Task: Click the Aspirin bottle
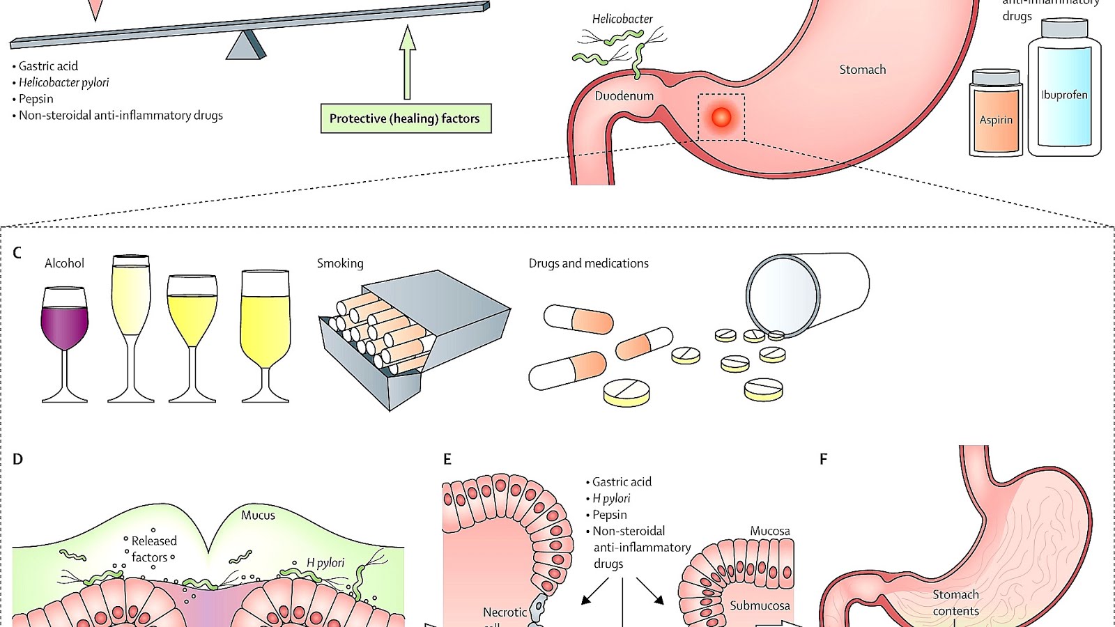[996, 115]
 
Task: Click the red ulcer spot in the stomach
[721, 116]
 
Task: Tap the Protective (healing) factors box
[405, 118]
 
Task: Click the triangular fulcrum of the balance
[245, 45]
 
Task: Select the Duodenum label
[624, 96]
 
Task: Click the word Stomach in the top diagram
[862, 70]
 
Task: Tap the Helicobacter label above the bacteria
[622, 20]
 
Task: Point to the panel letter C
[17, 253]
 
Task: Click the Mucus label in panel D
[258, 516]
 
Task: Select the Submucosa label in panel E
[760, 606]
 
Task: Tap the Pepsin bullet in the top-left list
[36, 99]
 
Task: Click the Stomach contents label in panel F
[955, 603]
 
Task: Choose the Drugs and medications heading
[588, 263]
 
